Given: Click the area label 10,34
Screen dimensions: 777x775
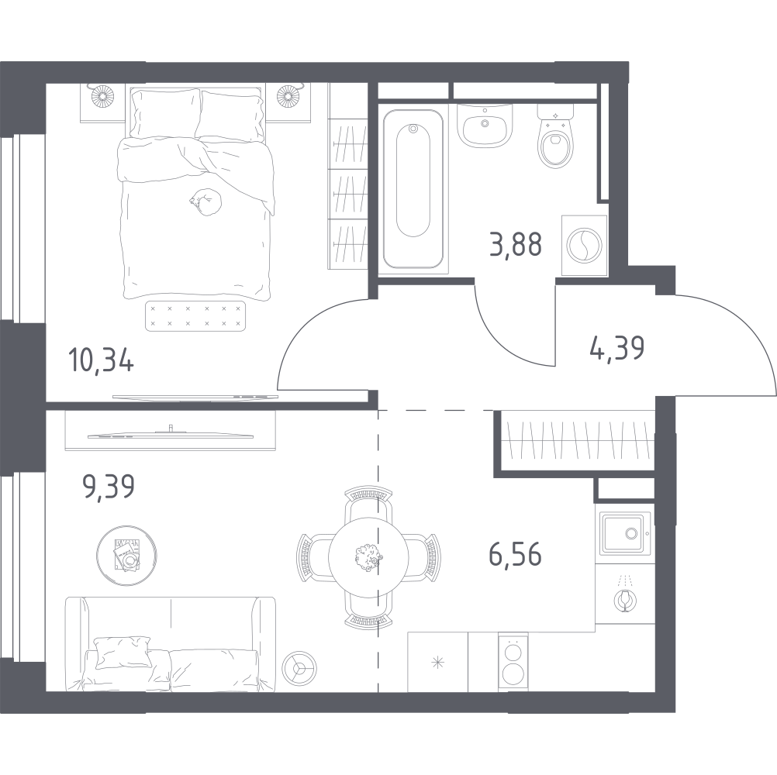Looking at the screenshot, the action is (x=101, y=360).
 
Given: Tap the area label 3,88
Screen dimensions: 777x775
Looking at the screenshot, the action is (x=516, y=244).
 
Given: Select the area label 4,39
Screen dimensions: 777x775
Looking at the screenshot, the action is (x=617, y=348).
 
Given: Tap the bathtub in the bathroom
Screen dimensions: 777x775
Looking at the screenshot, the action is (x=413, y=188).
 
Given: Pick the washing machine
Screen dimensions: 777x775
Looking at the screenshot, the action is (x=584, y=245).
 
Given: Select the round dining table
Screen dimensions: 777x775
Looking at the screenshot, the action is (x=368, y=557).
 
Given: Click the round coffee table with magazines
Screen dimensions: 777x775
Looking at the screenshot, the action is (x=127, y=556).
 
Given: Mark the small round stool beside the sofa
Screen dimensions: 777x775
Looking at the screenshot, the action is (x=299, y=667).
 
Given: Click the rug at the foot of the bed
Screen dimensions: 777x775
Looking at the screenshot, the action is (x=195, y=316).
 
